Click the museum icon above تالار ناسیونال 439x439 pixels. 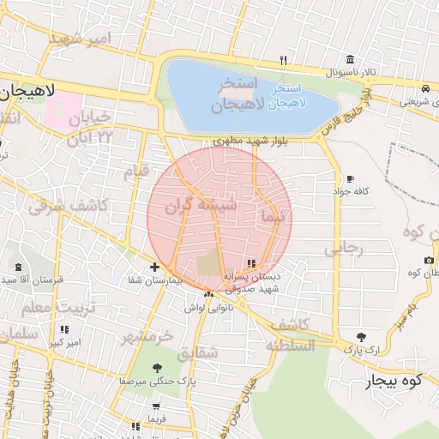(x=350, y=59)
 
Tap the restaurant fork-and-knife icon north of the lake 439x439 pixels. (x=283, y=60)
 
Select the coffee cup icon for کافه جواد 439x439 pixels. (x=350, y=179)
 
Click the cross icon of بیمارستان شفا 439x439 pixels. (x=154, y=268)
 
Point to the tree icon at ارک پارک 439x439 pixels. (x=360, y=337)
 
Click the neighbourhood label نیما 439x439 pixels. (x=274, y=218)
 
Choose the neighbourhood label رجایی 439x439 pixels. (x=344, y=250)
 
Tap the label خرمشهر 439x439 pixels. (x=148, y=335)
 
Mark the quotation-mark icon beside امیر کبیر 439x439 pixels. (x=63, y=329)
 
